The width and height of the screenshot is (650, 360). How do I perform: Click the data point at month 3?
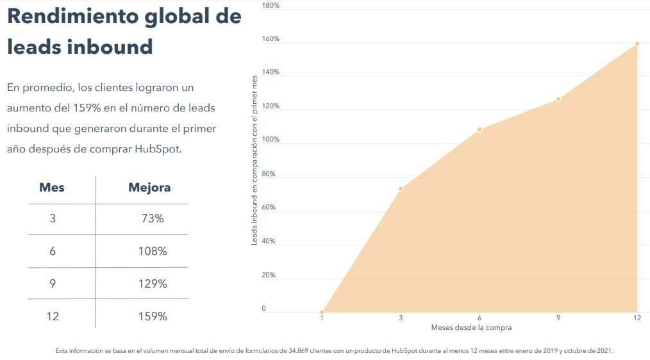pos(401,189)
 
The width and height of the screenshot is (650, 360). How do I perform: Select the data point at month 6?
pos(479,130)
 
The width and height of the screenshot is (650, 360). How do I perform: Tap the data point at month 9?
pos(558,99)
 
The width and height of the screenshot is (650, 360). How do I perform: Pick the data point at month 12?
pos(637,44)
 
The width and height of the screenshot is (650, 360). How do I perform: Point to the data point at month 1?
pos(322,312)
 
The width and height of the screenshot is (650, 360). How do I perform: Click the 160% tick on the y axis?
pos(271,39)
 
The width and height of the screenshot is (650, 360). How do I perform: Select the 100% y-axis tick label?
pos(271,140)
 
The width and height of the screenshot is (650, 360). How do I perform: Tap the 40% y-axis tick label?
pos(269,241)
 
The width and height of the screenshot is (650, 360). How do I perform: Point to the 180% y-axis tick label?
pos(271,6)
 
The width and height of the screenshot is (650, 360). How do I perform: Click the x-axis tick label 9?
pos(558,318)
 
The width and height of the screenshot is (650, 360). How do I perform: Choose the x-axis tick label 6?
pos(479,318)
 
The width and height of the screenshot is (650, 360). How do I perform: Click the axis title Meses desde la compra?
pos(471,328)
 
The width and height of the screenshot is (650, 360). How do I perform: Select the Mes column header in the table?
pos(52,188)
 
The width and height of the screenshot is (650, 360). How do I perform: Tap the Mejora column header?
pos(149,188)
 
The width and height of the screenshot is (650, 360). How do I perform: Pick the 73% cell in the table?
pos(153,218)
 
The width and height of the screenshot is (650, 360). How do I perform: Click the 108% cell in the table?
pos(153,251)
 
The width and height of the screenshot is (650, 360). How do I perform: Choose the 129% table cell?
pos(153,284)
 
